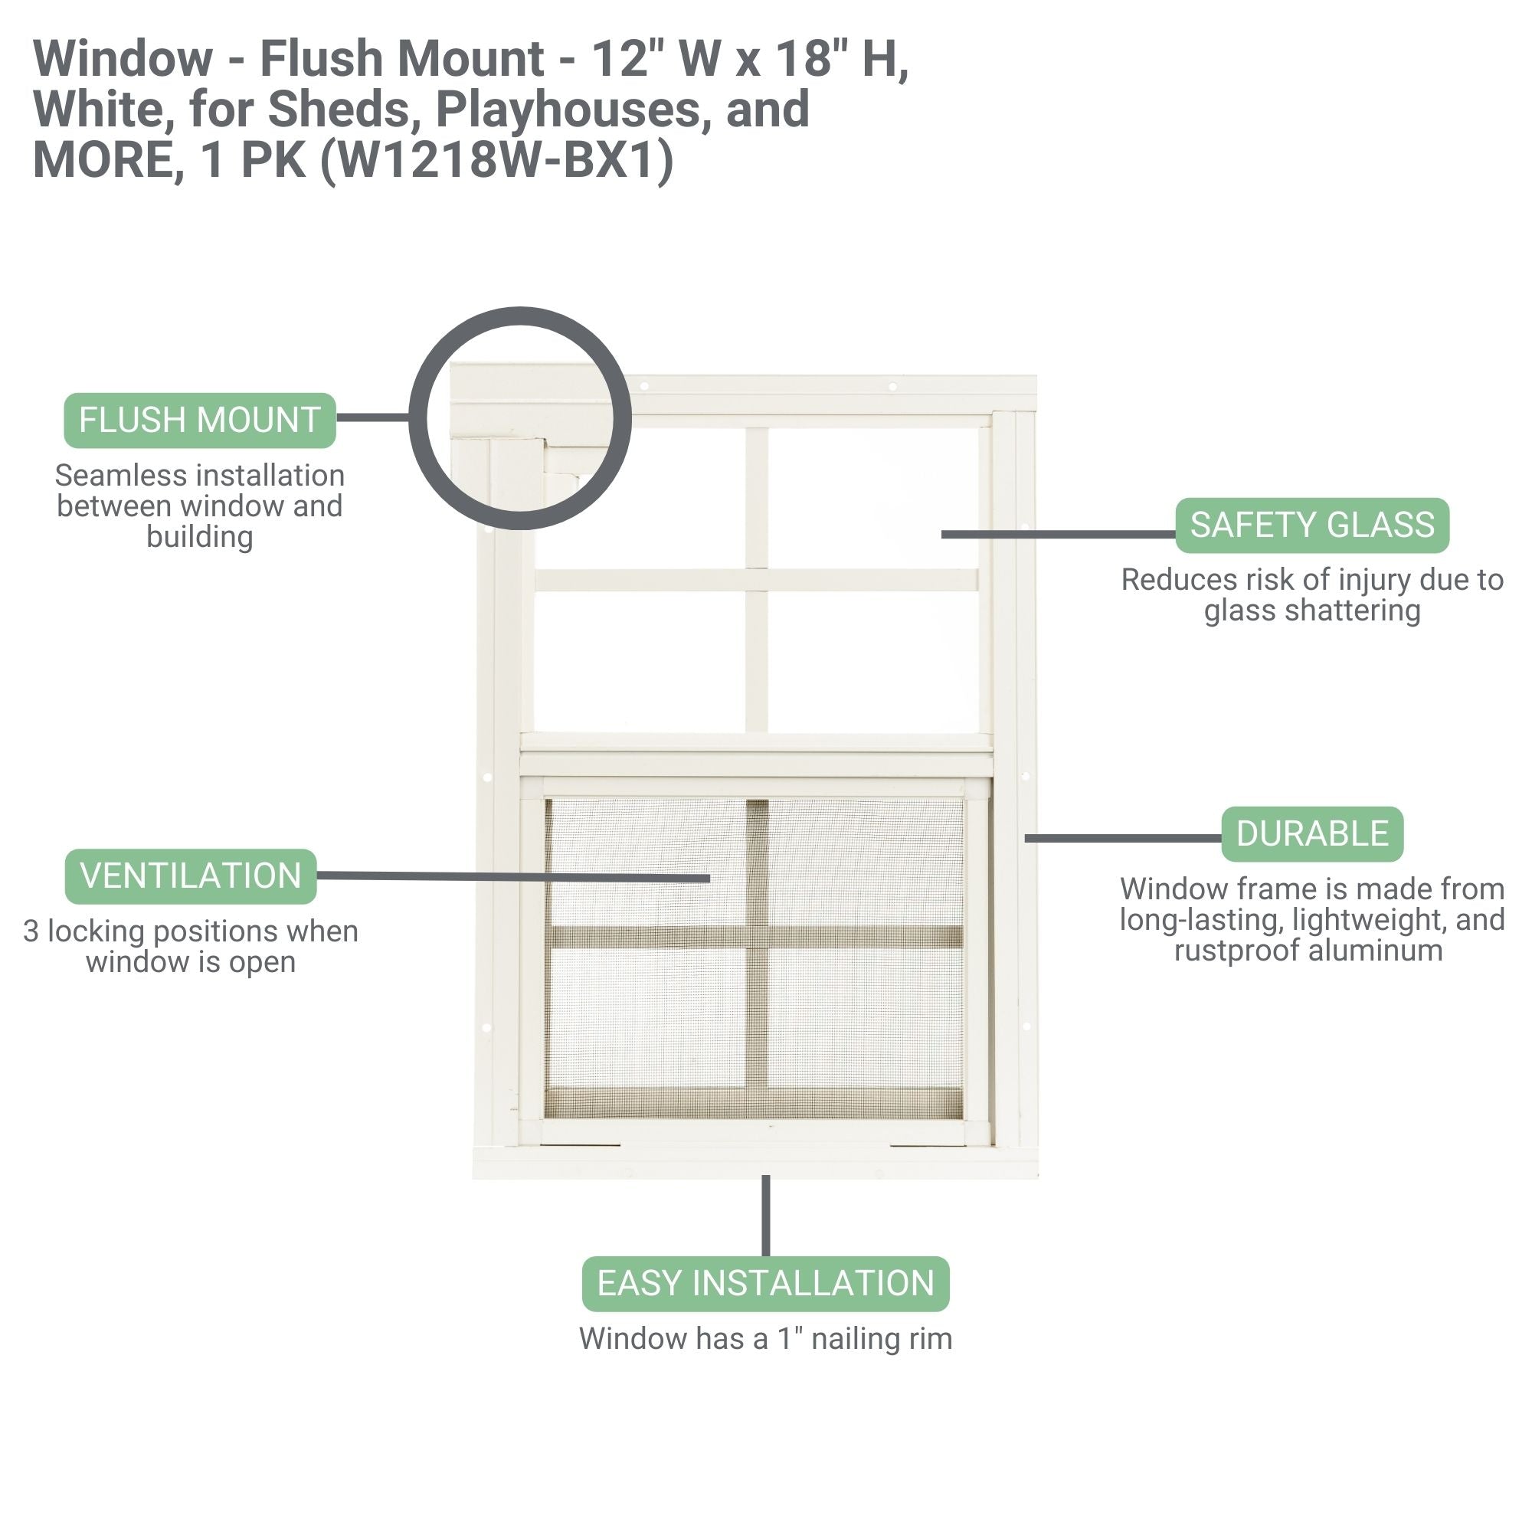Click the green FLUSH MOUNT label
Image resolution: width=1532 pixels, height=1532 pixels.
[200, 421]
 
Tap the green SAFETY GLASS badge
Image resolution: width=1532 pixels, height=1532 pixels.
[1311, 525]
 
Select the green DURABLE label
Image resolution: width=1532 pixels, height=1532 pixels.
[1311, 834]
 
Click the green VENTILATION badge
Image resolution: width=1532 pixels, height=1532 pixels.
[190, 876]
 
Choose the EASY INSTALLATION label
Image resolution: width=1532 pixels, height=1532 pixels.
[765, 1283]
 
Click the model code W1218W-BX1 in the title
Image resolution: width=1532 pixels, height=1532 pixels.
[498, 160]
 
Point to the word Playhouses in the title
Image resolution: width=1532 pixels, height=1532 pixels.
[568, 110]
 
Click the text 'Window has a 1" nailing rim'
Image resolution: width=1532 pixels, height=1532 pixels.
[765, 1338]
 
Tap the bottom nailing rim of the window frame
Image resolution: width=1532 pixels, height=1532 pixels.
[755, 1164]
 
